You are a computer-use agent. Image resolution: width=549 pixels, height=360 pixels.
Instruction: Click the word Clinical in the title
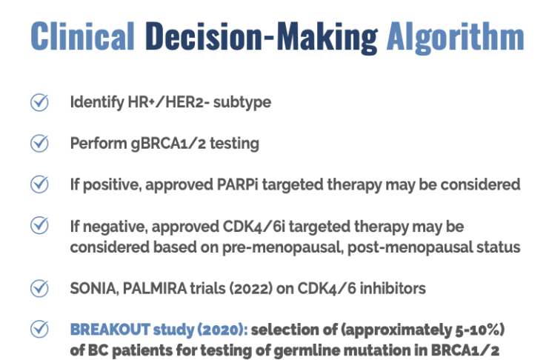pos(82,36)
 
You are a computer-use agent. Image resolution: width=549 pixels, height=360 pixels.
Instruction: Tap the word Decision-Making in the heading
pos(262,38)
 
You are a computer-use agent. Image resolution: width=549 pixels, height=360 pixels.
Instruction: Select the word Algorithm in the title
pos(455,38)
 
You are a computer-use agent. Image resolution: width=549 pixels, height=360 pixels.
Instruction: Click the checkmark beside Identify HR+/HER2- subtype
pos(39,102)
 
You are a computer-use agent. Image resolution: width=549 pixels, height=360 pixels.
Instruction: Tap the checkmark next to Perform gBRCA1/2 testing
pos(39,143)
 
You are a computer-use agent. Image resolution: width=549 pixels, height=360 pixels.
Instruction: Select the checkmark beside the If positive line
pos(39,184)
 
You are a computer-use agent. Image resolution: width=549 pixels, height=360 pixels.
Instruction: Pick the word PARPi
pos(237,184)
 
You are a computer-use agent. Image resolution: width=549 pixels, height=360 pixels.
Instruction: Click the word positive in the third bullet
pos(112,185)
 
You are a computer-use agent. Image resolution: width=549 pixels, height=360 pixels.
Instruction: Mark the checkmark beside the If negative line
pos(39,225)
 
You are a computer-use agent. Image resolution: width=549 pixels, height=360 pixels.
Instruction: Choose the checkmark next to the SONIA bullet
pos(39,289)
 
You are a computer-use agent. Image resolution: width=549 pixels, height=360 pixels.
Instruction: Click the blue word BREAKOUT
pos(110,330)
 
